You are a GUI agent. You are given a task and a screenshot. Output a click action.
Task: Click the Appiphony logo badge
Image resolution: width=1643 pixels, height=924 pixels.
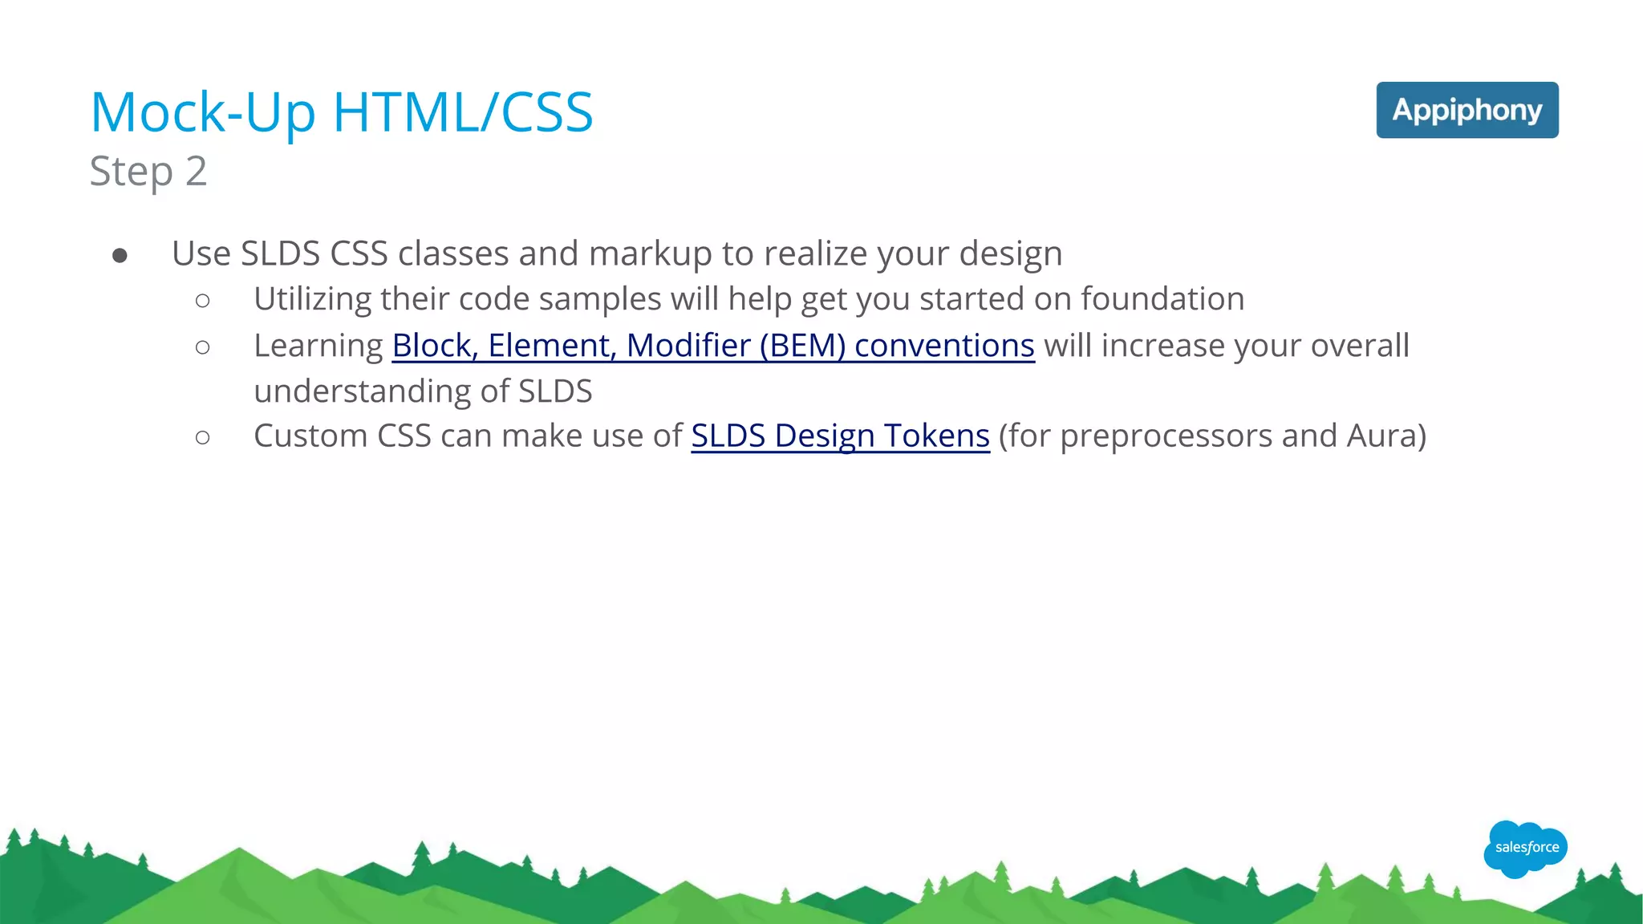coord(1467,110)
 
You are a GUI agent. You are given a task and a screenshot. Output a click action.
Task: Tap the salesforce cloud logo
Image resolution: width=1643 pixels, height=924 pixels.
coord(1525,848)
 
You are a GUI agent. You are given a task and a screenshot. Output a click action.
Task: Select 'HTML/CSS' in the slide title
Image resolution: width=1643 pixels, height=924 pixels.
coord(463,112)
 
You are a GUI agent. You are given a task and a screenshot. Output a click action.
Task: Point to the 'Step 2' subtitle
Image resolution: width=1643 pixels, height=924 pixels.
coord(148,171)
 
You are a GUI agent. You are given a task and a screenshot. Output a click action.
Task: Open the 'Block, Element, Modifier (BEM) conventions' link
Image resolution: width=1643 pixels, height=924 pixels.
coord(712,346)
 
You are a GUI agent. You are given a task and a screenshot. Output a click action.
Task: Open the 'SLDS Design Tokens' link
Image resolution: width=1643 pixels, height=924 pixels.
coord(840,436)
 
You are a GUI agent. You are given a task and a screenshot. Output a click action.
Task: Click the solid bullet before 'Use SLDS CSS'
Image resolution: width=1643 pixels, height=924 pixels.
coord(120,255)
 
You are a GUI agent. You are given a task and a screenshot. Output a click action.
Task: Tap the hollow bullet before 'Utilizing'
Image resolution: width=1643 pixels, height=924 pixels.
coord(202,301)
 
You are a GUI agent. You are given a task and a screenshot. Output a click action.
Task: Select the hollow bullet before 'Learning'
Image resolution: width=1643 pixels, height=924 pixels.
coord(202,347)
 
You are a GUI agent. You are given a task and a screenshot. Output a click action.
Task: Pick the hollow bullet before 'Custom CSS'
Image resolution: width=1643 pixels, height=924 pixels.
coord(202,437)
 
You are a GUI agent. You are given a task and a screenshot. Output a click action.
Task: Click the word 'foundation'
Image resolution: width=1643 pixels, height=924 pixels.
coord(1162,299)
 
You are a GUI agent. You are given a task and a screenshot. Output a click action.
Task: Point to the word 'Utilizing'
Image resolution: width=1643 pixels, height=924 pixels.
coord(312,299)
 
